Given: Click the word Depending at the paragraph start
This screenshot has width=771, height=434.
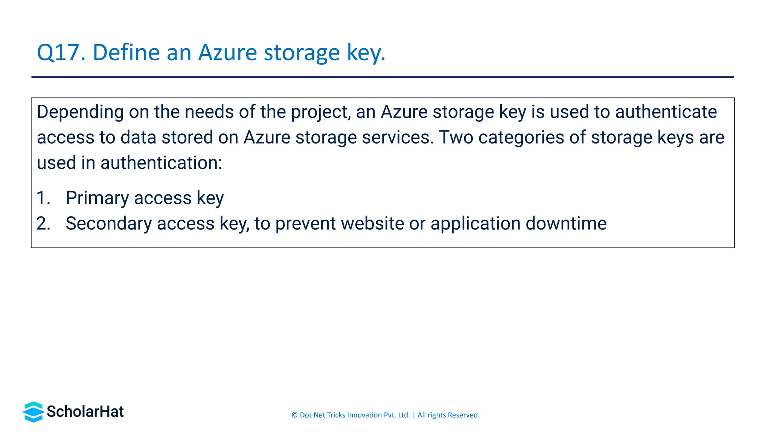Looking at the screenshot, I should click(x=80, y=112).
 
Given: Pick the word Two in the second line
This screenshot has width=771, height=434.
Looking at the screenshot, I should click(x=456, y=137).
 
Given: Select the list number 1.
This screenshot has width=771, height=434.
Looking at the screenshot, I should click(x=43, y=198).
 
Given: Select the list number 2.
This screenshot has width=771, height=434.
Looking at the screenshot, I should click(x=43, y=223).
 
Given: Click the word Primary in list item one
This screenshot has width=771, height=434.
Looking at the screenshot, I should click(x=97, y=198).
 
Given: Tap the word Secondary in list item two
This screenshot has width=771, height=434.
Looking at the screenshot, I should click(x=108, y=223).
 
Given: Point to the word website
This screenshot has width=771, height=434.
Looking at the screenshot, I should click(x=372, y=223).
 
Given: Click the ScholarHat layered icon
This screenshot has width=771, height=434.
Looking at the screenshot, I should click(x=34, y=412).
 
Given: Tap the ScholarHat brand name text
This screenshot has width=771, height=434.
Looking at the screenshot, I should click(x=85, y=412).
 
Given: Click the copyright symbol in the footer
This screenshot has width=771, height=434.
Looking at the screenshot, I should click(x=295, y=415).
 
